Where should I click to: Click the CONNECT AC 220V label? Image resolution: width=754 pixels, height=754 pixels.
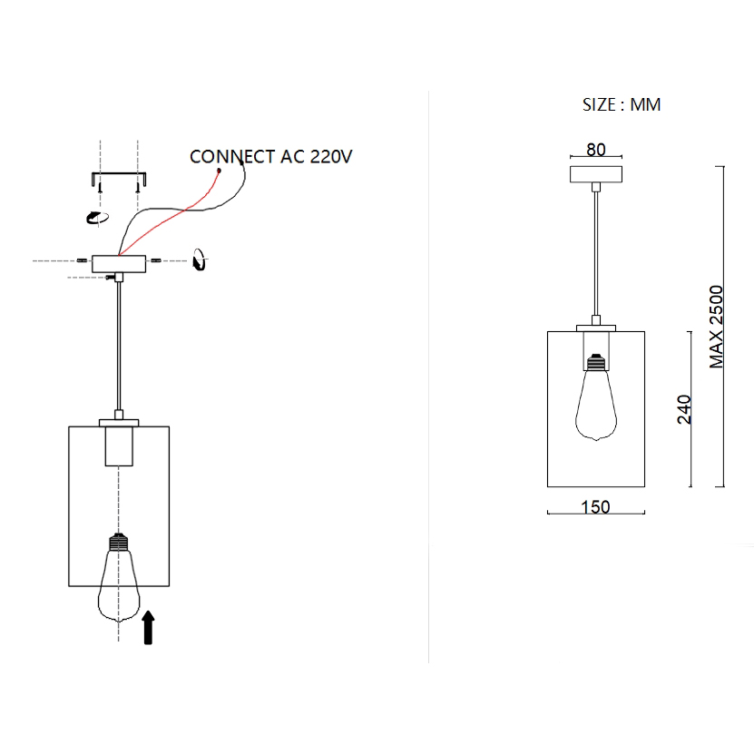[270, 156]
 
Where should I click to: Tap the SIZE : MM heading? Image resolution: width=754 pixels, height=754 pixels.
[622, 104]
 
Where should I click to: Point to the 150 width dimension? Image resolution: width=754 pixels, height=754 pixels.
[595, 506]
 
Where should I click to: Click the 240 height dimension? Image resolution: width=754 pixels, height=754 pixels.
[685, 409]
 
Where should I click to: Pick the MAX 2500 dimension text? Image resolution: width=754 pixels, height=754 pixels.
[717, 327]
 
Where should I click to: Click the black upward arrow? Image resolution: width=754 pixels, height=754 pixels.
[148, 627]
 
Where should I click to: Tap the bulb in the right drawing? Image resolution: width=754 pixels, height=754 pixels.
[595, 399]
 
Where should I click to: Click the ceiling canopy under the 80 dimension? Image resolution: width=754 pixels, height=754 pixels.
[595, 173]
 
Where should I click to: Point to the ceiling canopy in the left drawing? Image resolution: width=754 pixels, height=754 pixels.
[118, 263]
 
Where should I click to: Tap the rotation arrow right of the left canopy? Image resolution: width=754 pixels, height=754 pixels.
[201, 260]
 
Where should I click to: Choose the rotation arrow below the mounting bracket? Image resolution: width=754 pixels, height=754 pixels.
[95, 217]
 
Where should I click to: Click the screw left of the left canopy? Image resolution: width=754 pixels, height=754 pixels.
[83, 261]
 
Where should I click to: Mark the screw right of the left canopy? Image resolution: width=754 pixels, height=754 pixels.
[155, 261]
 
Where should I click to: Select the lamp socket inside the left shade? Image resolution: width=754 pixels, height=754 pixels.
[118, 446]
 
